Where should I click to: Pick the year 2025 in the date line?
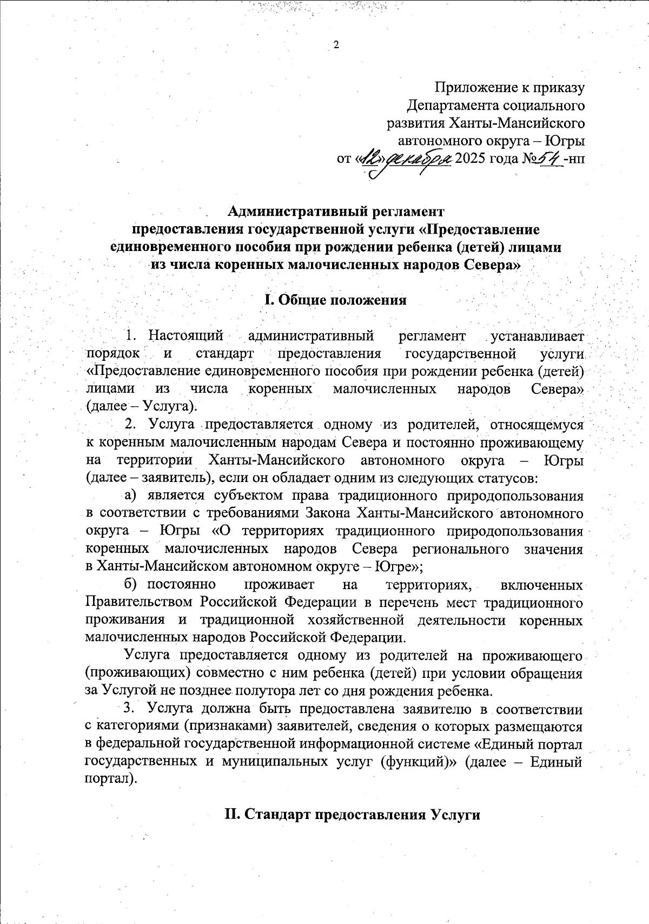click(471, 159)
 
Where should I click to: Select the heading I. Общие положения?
click(335, 300)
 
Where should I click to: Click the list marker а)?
click(130, 494)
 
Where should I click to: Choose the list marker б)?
click(130, 584)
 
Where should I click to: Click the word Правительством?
click(139, 602)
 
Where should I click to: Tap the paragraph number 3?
click(128, 709)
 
